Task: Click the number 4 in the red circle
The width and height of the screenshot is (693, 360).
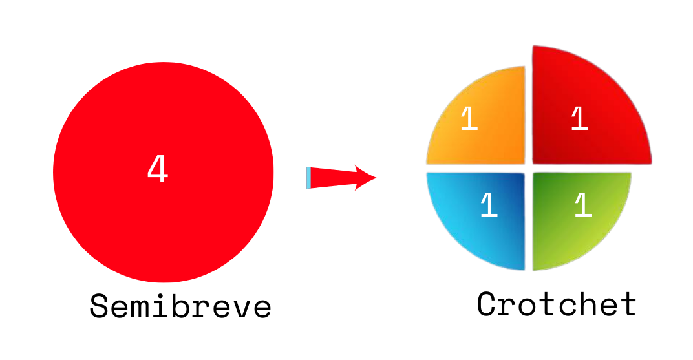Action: point(157,170)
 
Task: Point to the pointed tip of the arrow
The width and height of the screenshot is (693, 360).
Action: point(376,177)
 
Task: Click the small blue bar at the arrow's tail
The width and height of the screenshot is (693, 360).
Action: point(308,178)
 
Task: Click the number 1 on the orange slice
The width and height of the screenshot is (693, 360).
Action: point(469,120)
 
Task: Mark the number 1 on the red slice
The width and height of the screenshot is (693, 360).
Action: point(579,120)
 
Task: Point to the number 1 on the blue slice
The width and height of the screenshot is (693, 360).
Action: point(489,206)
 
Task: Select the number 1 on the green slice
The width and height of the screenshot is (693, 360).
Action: point(582,206)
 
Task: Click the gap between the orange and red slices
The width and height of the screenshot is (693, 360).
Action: point(529,116)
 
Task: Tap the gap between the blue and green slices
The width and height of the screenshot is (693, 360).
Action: point(529,220)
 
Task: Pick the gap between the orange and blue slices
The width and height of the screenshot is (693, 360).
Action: point(475,168)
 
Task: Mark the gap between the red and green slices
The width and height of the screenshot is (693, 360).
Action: point(582,168)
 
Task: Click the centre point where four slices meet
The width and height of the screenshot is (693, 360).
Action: point(529,168)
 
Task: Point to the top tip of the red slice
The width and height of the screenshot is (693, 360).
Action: point(534,47)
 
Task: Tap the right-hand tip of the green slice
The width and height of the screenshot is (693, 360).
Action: point(630,173)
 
